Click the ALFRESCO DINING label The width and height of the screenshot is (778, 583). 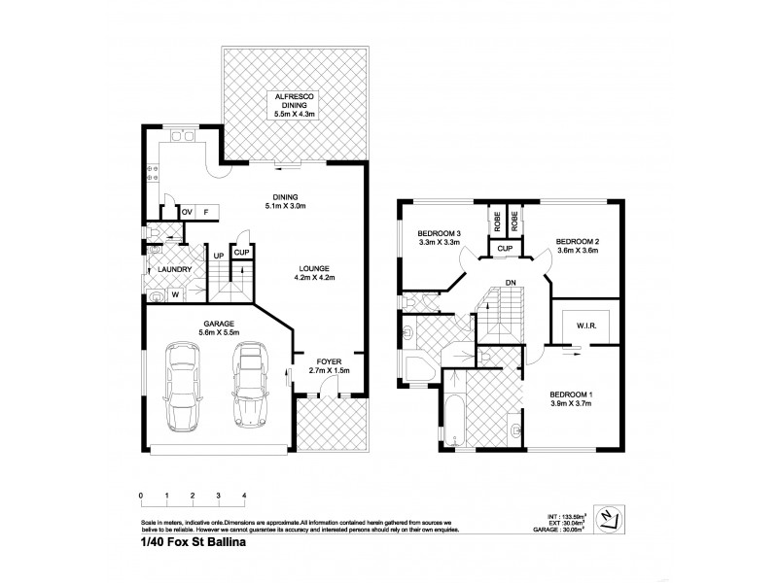[291, 96]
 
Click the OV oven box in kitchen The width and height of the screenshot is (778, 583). [187, 211]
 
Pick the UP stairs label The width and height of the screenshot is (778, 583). [219, 257]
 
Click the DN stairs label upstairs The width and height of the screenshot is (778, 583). [510, 284]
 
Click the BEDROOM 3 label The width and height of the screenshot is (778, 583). [440, 234]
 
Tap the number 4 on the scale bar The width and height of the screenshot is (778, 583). [244, 495]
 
